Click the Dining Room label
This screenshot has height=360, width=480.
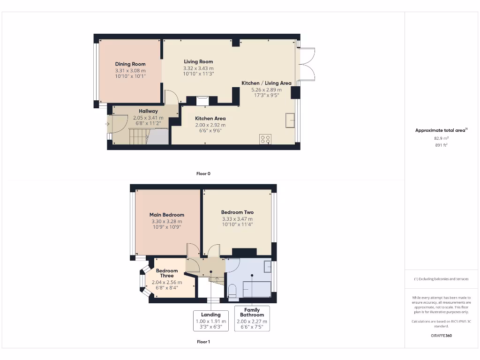click(x=130, y=64)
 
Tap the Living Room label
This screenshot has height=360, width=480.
click(x=198, y=62)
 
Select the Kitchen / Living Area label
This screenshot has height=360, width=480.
click(x=266, y=83)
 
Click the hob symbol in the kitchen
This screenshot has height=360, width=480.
click(x=265, y=140)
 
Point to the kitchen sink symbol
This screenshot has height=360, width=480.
click(x=291, y=120)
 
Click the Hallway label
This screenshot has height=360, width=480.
click(x=148, y=111)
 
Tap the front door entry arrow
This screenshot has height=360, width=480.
click(x=108, y=124)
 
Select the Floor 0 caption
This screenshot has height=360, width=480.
click(x=203, y=173)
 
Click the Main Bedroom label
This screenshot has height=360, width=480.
click(x=167, y=215)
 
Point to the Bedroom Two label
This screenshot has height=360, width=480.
click(x=237, y=212)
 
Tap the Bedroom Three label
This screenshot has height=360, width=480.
click(x=167, y=273)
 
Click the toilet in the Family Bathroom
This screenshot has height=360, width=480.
click(x=232, y=291)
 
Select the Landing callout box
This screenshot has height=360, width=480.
click(x=211, y=321)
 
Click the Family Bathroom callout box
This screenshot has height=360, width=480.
click(x=252, y=319)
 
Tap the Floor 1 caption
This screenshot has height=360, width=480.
click(x=203, y=342)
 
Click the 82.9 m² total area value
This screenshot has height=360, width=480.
click(x=441, y=138)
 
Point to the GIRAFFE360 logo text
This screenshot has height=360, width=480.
click(x=441, y=336)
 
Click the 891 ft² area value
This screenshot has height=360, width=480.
click(x=441, y=145)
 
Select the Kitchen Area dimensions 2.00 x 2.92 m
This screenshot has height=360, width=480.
click(x=210, y=125)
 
